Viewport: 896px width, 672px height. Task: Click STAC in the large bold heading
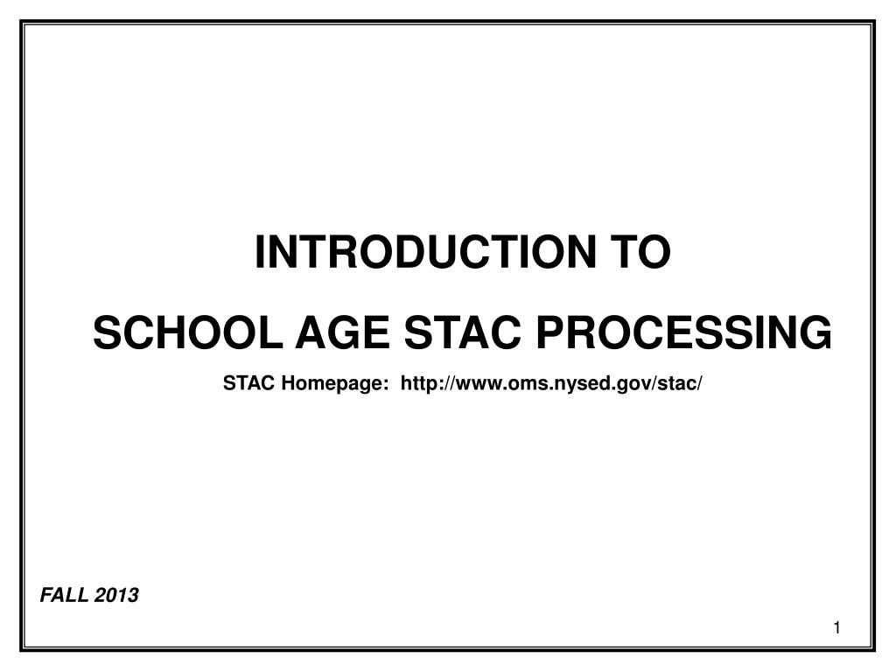463,333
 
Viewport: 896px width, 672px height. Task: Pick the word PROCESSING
683,333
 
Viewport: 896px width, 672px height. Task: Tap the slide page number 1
837,628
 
